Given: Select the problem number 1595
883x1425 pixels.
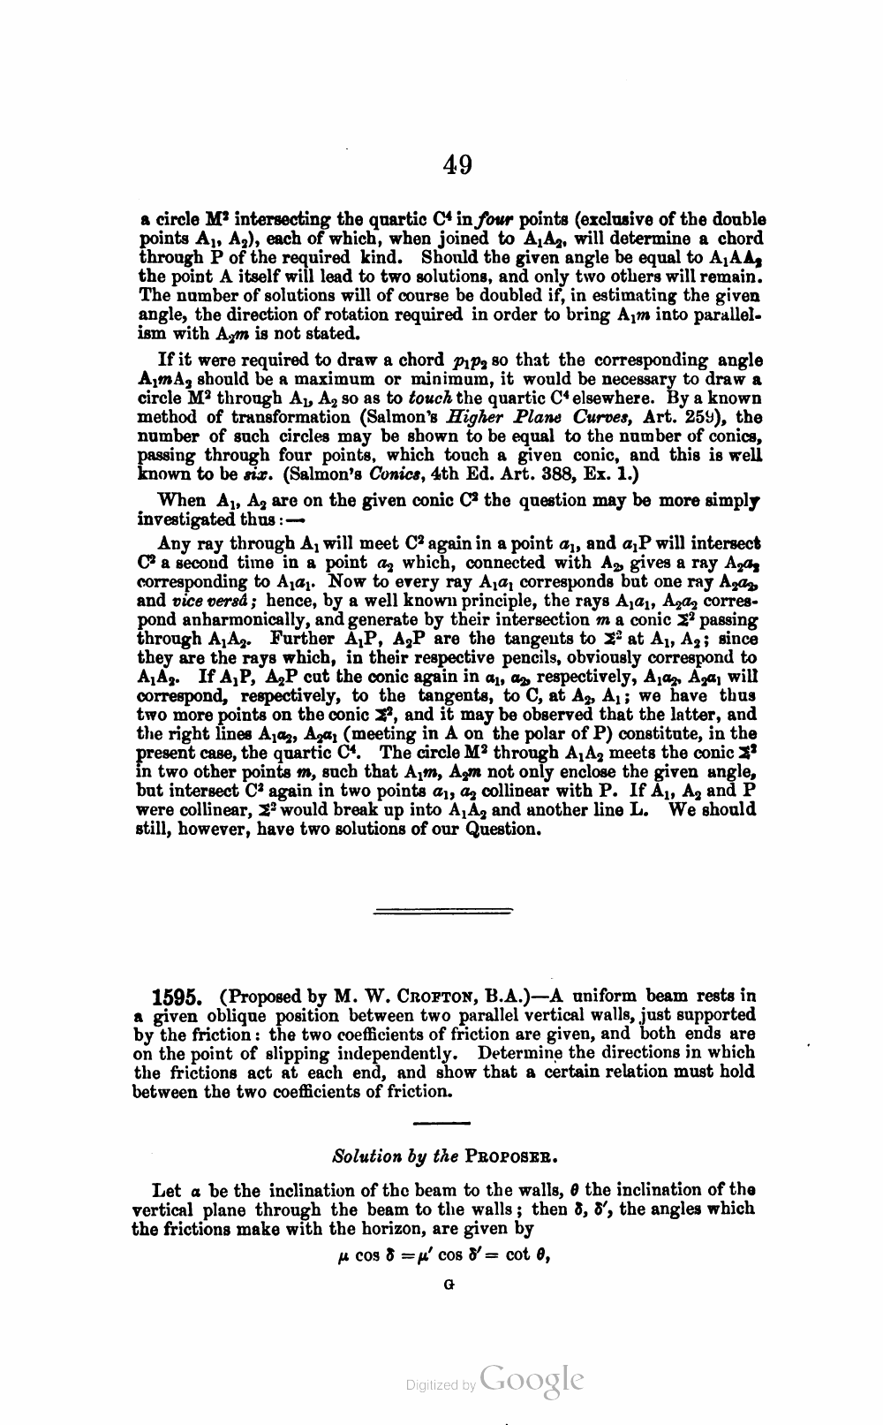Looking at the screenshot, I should pos(179,997).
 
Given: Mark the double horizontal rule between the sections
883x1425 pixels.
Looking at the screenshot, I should pos(444,910).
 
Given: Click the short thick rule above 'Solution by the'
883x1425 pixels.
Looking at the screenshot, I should pos(441,1124).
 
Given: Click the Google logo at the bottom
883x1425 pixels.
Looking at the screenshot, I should pos(532,1382).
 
